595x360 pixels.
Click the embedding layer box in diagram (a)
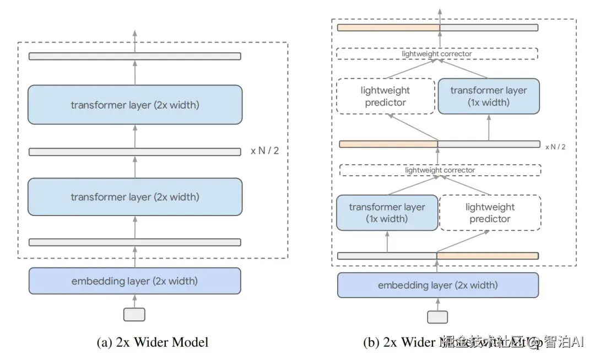tap(134, 281)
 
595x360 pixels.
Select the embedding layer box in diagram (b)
tap(437, 285)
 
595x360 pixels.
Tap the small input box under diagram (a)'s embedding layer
tap(134, 314)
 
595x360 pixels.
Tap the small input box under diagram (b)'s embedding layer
tap(437, 317)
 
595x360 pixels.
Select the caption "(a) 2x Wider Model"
tap(153, 342)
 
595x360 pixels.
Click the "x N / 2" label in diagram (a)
tap(264, 151)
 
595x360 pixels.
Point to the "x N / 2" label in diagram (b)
tap(555, 147)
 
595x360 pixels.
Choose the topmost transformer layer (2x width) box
tap(134, 105)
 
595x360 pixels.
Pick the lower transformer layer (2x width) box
tap(134, 197)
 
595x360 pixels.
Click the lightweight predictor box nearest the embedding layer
tap(490, 213)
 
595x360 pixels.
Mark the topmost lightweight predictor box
tap(385, 96)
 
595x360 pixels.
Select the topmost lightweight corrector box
tap(437, 54)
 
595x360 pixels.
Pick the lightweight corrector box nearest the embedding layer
tap(440, 170)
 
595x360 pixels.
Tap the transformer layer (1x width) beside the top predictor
tap(488, 96)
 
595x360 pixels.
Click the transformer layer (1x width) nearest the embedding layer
tap(387, 213)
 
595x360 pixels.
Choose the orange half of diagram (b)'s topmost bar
tap(388, 28)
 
